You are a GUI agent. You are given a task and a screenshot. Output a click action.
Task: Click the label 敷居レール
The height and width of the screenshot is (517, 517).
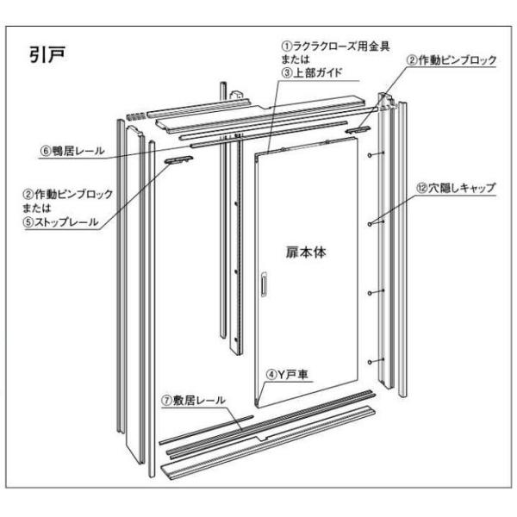[197, 402]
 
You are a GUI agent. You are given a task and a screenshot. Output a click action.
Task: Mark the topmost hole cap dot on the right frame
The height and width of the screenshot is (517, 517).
[370, 156]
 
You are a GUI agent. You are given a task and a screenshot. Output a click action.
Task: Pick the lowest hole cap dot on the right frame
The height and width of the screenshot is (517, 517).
[370, 360]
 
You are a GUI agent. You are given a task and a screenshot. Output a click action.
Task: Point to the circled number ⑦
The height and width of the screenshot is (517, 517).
[165, 402]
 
